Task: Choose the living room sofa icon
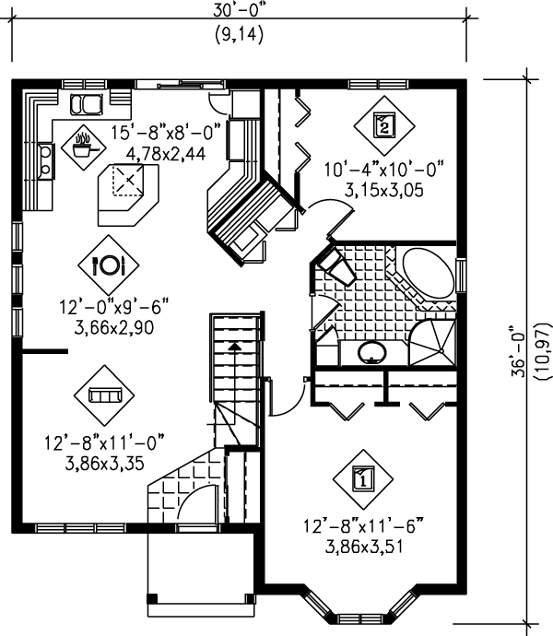104,395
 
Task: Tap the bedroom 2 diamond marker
383,124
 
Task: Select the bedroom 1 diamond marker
363,477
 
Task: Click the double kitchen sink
88,101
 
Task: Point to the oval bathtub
429,271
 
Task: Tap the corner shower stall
432,340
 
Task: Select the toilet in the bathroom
335,268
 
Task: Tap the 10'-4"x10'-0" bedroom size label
383,170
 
